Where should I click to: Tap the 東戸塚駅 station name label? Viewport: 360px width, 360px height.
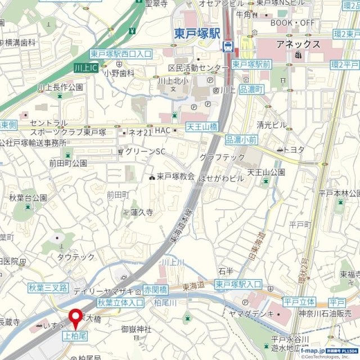(x=195, y=33)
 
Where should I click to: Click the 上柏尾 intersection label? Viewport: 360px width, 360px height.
(x=73, y=335)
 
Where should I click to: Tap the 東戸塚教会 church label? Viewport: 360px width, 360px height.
(x=175, y=176)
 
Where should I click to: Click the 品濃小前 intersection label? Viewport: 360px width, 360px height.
(x=241, y=140)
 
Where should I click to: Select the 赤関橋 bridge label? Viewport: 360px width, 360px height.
(x=155, y=290)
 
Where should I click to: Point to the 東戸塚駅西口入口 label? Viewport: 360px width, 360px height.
(x=120, y=54)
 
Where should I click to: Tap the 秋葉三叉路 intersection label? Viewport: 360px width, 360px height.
(x=48, y=288)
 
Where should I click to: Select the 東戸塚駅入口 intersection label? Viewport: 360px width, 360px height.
(x=238, y=285)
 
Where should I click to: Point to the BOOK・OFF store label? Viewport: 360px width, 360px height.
(x=292, y=22)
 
